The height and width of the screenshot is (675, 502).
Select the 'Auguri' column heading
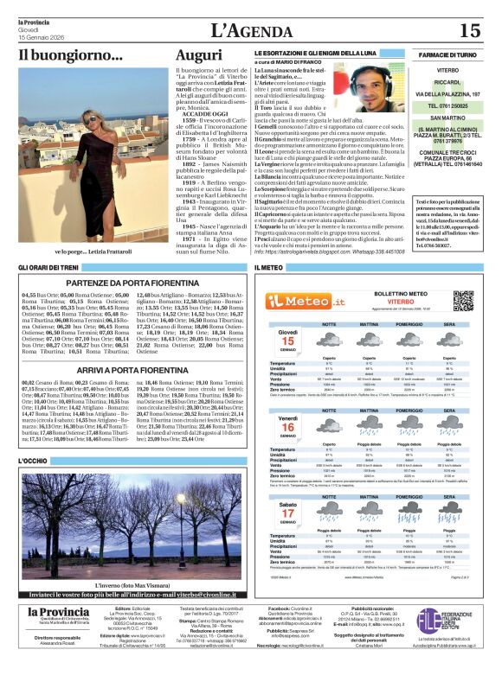[x=198, y=55]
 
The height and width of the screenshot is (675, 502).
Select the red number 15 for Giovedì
[x=288, y=341]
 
